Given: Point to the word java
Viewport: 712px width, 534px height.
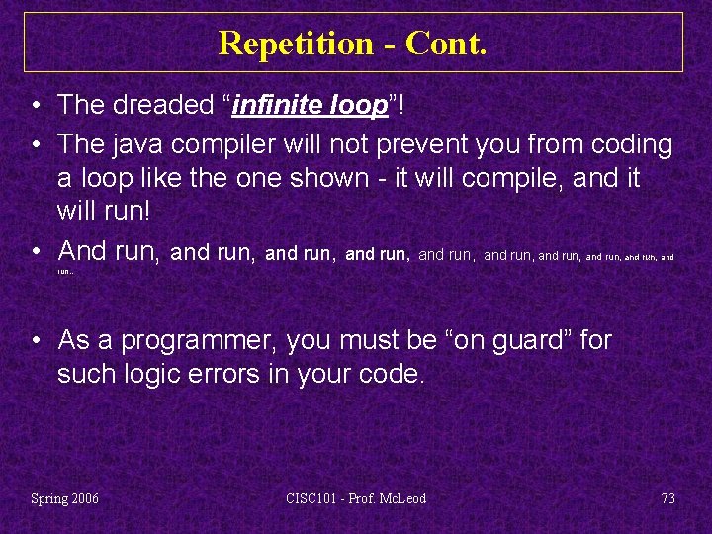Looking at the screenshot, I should pyautogui.click(x=134, y=144).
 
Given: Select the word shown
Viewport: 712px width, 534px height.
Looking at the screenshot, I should pyautogui.click(x=312, y=179).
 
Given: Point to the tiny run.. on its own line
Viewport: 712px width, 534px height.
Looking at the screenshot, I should pyautogui.click(x=64, y=271).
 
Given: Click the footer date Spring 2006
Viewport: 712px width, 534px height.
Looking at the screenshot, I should pyautogui.click(x=64, y=498).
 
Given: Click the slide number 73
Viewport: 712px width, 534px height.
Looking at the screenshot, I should pyautogui.click(x=667, y=498).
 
